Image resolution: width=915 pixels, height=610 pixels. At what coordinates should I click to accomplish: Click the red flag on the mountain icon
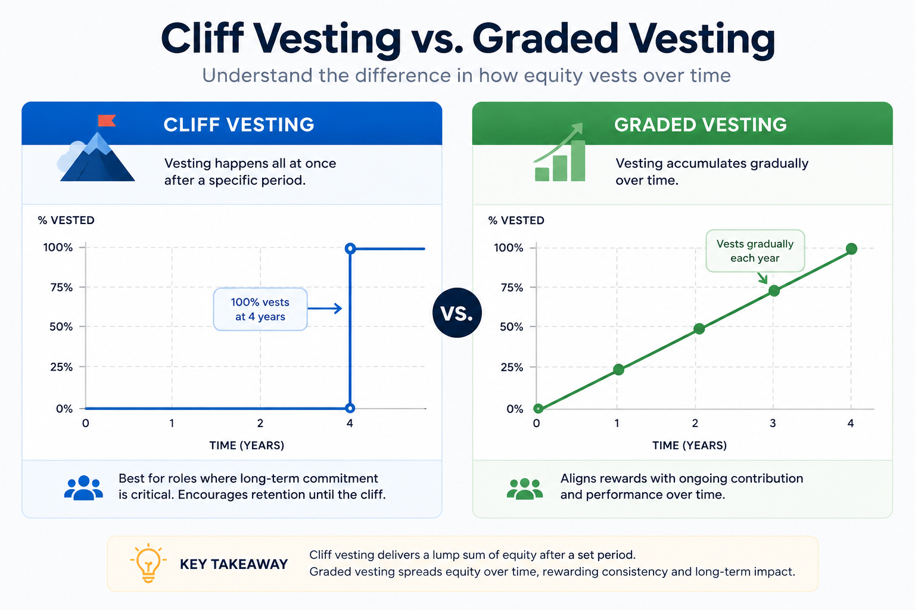pos(107,120)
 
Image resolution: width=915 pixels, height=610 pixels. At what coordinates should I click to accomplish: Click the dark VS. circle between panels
pos(457,313)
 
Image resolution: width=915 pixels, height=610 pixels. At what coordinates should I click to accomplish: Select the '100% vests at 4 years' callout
pos(260,309)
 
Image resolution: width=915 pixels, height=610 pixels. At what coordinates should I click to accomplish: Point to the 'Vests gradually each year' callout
pos(755,251)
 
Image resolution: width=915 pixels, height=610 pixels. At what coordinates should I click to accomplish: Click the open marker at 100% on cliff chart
pos(350,248)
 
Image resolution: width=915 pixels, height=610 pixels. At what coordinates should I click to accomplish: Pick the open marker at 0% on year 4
pos(350,407)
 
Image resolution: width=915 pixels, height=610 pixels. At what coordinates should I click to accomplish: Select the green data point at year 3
pos(774,291)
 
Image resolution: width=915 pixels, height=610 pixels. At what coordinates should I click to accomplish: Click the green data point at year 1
pos(618,369)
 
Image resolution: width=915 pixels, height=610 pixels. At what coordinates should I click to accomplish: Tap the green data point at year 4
pos(851,248)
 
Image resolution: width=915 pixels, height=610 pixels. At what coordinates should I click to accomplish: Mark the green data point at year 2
pos(699,328)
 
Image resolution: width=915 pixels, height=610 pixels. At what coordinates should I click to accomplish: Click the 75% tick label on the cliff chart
pos(61,287)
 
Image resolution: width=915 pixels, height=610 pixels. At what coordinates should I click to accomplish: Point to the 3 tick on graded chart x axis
pos(773,424)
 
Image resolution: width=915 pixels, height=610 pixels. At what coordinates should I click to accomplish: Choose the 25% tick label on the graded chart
pos(512,368)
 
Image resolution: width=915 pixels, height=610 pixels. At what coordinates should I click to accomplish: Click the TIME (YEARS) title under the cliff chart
pos(247,446)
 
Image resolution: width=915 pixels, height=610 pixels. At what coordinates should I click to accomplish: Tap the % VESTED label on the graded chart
pos(516,220)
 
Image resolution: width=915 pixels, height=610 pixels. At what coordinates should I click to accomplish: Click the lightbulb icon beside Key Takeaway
pos(148,563)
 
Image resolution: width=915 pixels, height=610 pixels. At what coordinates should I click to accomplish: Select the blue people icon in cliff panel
pos(84,487)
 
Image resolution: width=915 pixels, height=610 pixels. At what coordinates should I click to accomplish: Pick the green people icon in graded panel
pos(525,488)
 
